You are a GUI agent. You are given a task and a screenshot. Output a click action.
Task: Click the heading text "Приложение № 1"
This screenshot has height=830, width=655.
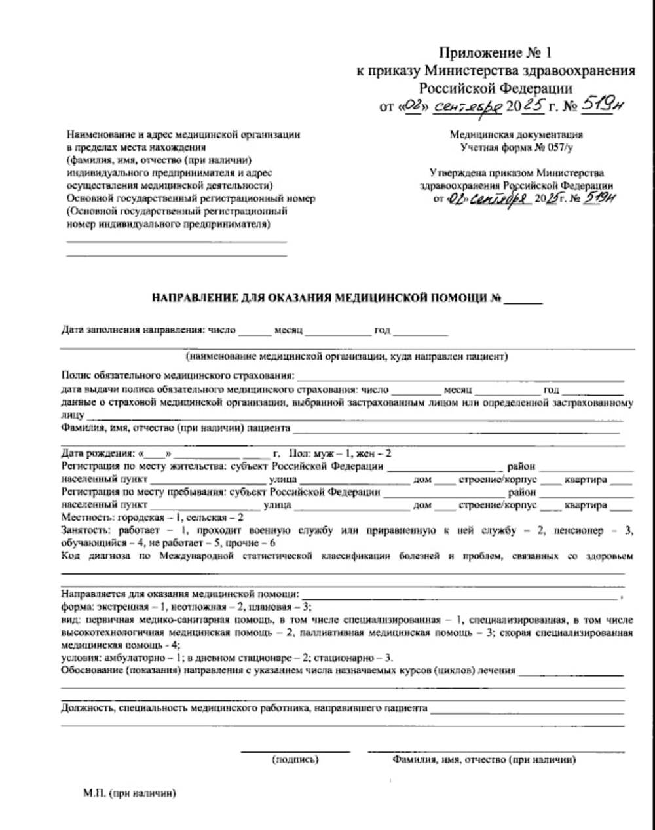(495, 52)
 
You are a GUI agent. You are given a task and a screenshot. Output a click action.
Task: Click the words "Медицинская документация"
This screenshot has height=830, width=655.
(516, 135)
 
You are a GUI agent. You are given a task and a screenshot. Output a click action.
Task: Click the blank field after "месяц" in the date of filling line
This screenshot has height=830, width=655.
(337, 331)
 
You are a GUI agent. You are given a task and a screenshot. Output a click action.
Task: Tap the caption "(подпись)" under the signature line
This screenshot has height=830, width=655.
(295, 760)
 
